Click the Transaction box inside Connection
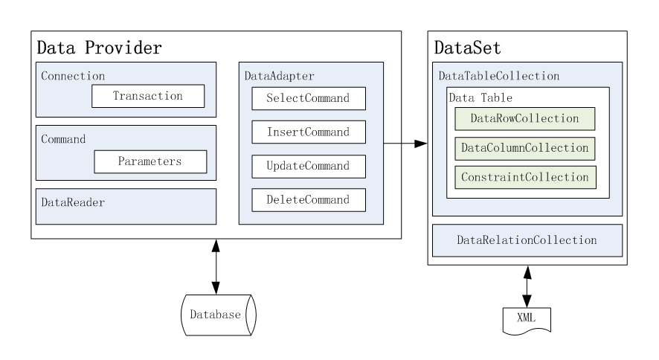147,96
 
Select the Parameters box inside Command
150,160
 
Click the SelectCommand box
309,98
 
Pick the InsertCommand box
309,132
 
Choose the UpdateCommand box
309,166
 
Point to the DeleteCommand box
309,199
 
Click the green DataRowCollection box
525,118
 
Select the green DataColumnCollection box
525,148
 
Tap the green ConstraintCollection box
525,178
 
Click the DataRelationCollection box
527,240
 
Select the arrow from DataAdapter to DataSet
405,142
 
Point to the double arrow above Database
216,266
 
